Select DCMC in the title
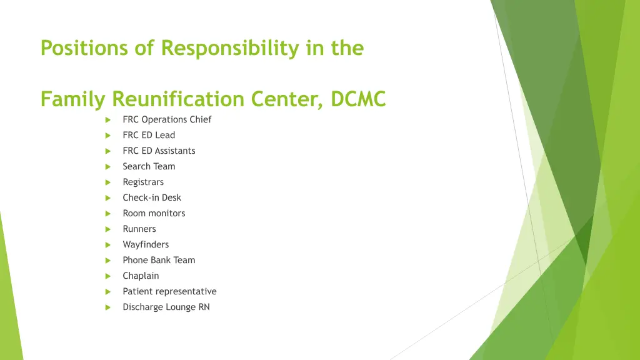pyautogui.click(x=358, y=99)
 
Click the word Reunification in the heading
pyautogui.click(x=179, y=99)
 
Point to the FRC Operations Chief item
pyautogui.click(x=167, y=119)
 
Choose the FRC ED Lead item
pyautogui.click(x=149, y=135)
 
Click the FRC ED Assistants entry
pyautogui.click(x=159, y=151)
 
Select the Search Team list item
pyautogui.click(x=149, y=166)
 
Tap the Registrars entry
pyautogui.click(x=143, y=182)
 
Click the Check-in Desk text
pyautogui.click(x=152, y=197)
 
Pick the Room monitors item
pyautogui.click(x=154, y=213)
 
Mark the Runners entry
pyautogui.click(x=139, y=229)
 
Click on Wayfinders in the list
pyautogui.click(x=146, y=244)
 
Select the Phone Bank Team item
pyautogui.click(x=159, y=260)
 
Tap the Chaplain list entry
pyautogui.click(x=141, y=276)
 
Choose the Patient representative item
pyautogui.click(x=169, y=291)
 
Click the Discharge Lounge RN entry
pyautogui.click(x=166, y=307)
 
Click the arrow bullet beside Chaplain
pyautogui.click(x=108, y=276)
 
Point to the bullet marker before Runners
pyautogui.click(x=108, y=229)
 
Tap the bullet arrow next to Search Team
pyautogui.click(x=108, y=167)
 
